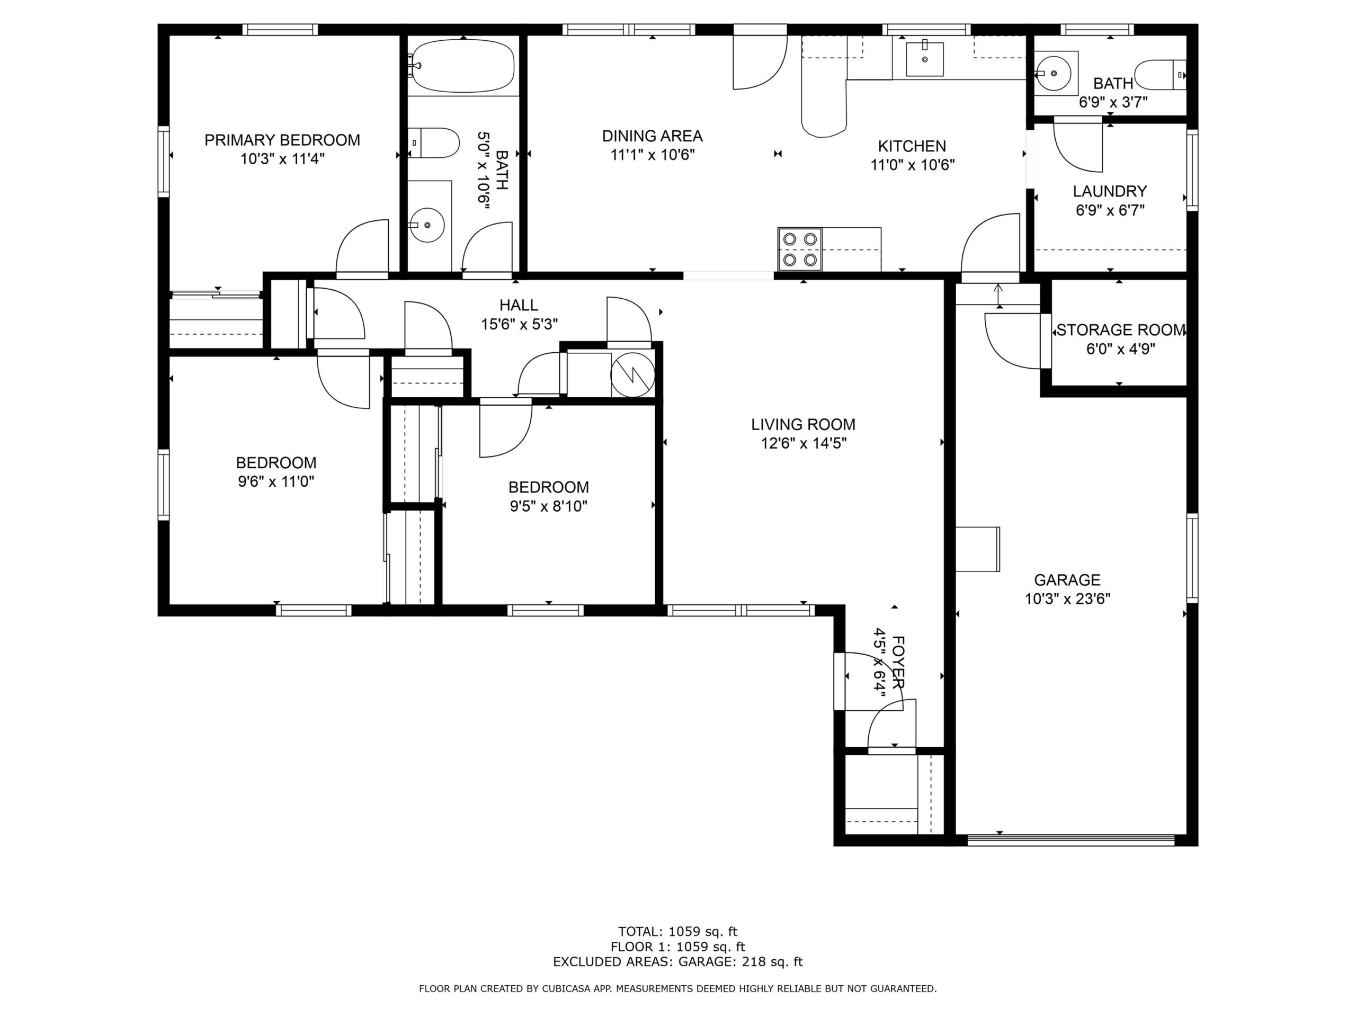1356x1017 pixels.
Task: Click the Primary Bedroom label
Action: point(282,140)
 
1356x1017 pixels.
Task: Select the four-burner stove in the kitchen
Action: point(800,249)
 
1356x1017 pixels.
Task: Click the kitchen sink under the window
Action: point(924,59)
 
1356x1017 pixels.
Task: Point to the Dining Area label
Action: point(652,136)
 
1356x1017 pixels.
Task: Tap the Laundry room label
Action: point(1110,191)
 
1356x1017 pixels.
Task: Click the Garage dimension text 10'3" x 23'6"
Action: point(1067,599)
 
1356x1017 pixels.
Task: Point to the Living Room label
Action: point(803,424)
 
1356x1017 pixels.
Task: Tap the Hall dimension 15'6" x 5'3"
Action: point(519,324)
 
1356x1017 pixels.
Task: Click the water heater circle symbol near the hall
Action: point(632,374)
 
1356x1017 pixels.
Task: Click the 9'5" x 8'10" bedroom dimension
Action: point(548,506)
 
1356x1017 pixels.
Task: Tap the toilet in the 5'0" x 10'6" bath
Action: point(434,143)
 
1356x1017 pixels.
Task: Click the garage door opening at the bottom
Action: point(1070,840)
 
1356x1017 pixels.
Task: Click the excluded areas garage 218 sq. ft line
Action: point(677,962)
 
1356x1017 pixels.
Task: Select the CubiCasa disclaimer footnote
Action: point(677,989)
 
